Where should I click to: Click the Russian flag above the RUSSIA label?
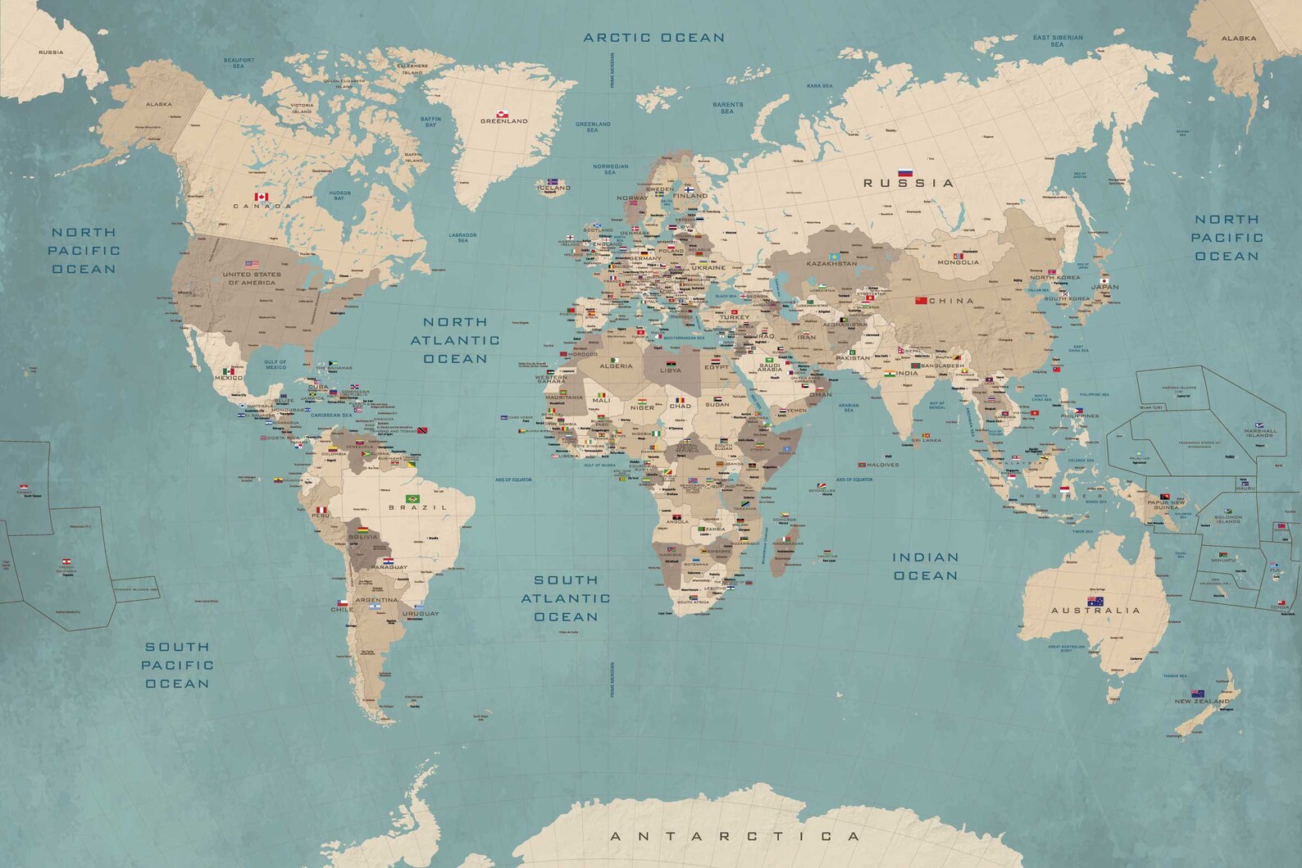coord(906,173)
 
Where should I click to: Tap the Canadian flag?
coord(262,198)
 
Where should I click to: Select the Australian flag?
coord(1095,602)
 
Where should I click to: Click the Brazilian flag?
coord(412,498)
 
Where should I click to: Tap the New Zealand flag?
coord(1197,693)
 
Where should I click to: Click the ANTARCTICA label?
coord(735,837)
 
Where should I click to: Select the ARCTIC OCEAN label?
coord(653,38)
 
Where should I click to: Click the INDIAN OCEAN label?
coord(925,566)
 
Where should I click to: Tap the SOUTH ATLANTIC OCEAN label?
coord(571,598)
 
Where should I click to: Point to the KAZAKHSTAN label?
coord(832,264)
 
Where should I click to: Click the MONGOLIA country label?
coord(959,262)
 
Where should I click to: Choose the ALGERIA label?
coord(616,366)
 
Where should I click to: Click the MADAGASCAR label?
coord(788,543)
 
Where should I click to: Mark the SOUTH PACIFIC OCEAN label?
coord(177,665)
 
